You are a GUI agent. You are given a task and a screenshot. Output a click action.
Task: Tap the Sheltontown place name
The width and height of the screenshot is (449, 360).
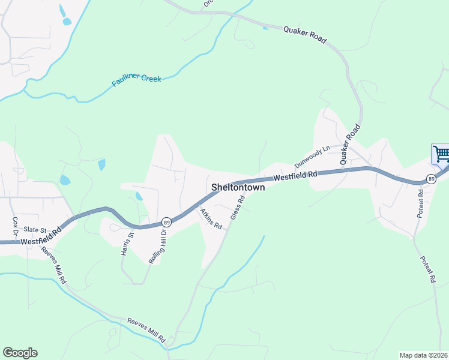click(x=238, y=188)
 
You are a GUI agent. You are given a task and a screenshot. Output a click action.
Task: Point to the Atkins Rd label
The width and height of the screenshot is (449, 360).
click(x=212, y=219)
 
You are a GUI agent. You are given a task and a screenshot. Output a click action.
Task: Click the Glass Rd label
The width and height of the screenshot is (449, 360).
click(x=238, y=206)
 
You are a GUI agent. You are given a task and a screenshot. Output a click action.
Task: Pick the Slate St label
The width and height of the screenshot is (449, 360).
click(x=35, y=230)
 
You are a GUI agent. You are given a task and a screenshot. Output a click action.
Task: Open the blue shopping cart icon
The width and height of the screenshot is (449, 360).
click(x=441, y=154)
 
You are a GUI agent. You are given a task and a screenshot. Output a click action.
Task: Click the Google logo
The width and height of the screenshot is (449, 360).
click(x=20, y=353)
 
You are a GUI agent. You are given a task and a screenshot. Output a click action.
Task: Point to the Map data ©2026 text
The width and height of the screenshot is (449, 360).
click(x=423, y=355)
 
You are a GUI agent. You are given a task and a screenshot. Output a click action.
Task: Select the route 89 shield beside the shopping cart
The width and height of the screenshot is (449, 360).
click(x=431, y=179)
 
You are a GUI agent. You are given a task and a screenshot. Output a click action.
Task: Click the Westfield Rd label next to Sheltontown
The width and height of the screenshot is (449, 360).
click(x=295, y=176)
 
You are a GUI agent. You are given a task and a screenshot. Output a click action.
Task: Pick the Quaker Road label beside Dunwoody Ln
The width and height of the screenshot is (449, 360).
click(x=349, y=145)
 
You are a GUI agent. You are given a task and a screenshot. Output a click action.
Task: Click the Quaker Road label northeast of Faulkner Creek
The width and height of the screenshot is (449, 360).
click(x=305, y=34)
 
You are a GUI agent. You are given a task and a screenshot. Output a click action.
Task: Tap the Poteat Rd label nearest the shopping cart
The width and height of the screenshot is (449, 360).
click(x=421, y=203)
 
